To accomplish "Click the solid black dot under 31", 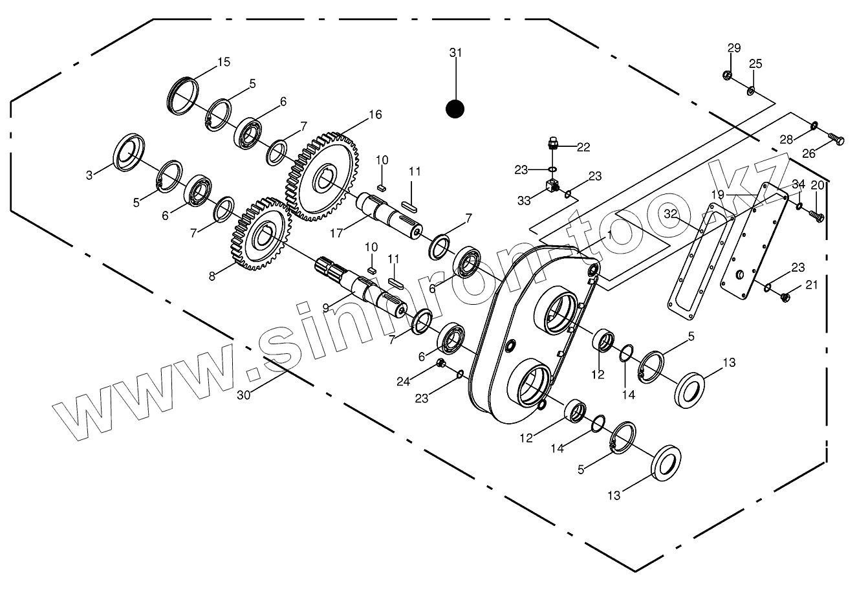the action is pyautogui.click(x=455, y=109).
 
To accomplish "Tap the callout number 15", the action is pyautogui.click(x=223, y=62).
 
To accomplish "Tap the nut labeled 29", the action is pyautogui.click(x=728, y=75).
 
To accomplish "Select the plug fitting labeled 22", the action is pyautogui.click(x=552, y=143).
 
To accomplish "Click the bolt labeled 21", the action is pyautogui.click(x=784, y=297).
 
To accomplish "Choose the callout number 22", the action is pyautogui.click(x=583, y=148).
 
